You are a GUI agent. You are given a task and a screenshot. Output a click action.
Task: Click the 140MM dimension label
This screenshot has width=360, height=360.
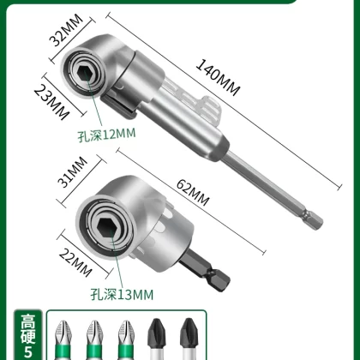point(218,77)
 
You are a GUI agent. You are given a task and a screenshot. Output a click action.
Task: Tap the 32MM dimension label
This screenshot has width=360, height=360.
point(66,30)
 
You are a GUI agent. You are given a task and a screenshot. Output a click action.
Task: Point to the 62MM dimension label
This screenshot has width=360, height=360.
point(193,193)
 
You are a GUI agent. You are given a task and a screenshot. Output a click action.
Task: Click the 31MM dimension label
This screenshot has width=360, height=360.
point(72,171)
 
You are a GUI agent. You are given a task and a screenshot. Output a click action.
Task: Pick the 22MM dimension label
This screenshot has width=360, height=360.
point(75,262)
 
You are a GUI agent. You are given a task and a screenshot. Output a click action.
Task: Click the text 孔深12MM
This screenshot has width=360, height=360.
point(106,135)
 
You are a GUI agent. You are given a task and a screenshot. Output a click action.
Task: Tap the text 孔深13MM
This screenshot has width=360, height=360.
point(122,294)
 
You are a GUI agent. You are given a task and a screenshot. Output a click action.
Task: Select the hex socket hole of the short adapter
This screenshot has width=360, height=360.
point(106,226)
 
